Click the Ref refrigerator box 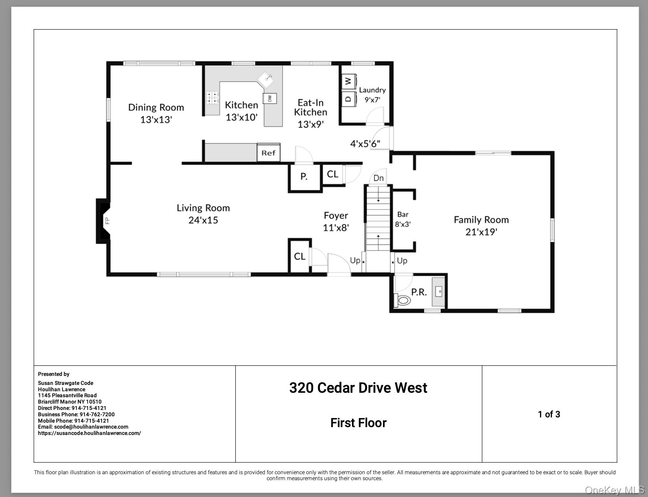click(268, 153)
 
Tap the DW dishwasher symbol click(269, 98)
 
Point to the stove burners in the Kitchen click(212, 98)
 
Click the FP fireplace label click(107, 221)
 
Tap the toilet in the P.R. click(402, 300)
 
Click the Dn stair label click(379, 178)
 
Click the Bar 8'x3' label click(403, 219)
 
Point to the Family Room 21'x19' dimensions click(481, 232)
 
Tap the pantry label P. click(304, 177)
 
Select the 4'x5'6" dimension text click(365, 143)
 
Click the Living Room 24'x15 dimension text click(203, 220)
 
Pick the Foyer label click(336, 216)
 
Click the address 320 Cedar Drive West click(358, 388)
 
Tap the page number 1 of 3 click(549, 414)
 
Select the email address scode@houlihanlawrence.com click(91, 427)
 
